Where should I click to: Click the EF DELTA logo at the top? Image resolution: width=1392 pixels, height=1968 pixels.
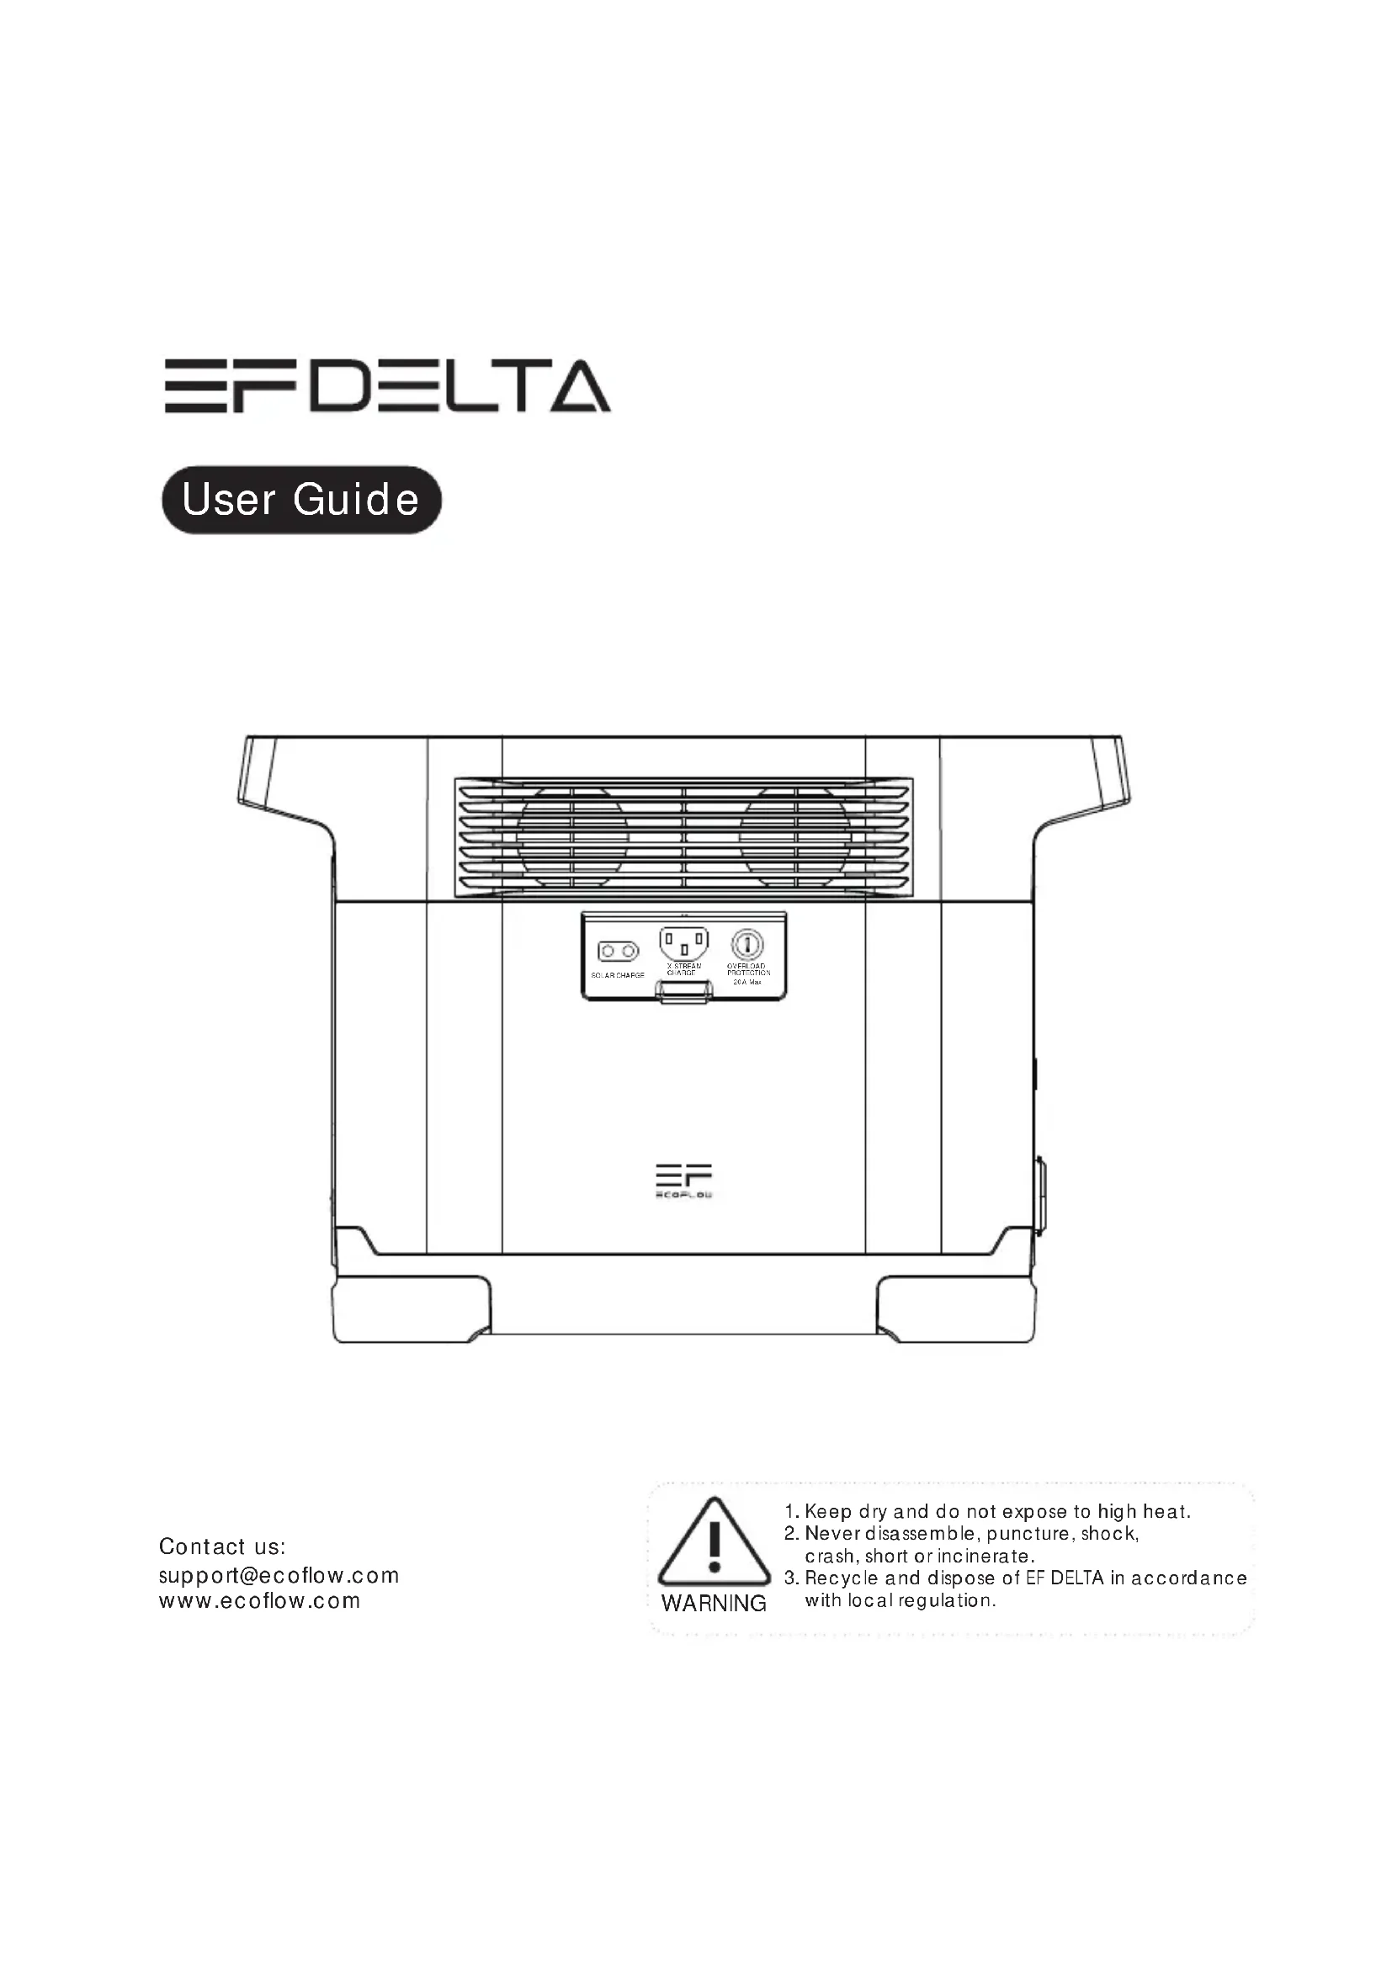387,386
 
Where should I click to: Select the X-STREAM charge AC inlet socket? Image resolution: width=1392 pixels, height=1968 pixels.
684,944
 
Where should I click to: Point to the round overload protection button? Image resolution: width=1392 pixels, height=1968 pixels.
747,945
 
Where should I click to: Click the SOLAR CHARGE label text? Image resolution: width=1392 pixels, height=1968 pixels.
617,975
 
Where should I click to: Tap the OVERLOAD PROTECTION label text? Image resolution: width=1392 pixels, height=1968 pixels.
748,969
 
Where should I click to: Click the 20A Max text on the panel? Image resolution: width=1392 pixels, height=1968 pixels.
747,982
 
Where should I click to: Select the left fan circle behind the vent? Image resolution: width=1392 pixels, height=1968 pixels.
571,837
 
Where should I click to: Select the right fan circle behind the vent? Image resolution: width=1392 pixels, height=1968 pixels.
794,837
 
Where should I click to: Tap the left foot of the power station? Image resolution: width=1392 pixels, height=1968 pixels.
412,1310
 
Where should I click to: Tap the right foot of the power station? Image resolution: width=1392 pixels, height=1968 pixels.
956,1310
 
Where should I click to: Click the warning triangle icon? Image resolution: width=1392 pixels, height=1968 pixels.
714,1544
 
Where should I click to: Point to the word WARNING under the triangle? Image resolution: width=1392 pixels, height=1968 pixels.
714,1604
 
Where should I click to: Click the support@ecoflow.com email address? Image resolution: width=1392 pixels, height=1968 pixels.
279,1575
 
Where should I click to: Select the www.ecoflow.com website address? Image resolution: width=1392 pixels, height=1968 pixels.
260,1600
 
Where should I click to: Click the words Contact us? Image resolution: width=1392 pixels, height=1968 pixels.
222,1546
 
